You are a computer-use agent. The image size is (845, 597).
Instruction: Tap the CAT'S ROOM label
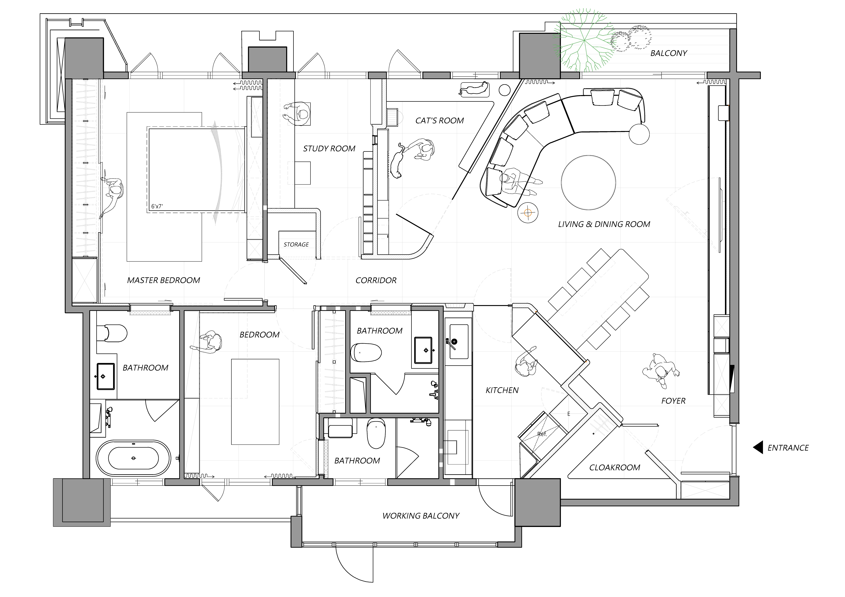tap(439, 121)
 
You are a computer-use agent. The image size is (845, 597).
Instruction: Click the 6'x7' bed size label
tap(157, 206)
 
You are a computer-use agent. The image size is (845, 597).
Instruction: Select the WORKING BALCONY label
tap(421, 516)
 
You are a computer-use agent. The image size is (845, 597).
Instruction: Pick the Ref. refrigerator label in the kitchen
tap(542, 434)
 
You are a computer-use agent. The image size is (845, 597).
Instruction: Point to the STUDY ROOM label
tap(329, 149)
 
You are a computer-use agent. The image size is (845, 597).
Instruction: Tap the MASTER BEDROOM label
tap(163, 280)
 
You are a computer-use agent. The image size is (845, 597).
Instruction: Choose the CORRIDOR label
tap(376, 280)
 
